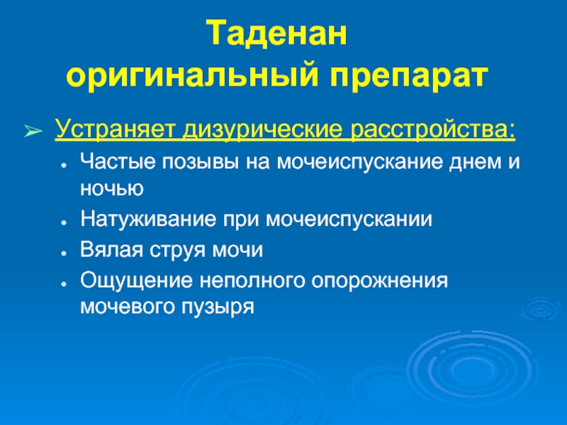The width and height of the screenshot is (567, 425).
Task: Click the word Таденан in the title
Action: point(276,34)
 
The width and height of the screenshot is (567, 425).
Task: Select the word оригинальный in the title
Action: point(191,77)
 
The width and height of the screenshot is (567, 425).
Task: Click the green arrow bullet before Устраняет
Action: point(33,131)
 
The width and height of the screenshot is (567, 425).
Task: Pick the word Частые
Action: point(117,161)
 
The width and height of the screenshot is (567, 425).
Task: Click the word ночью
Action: point(112,189)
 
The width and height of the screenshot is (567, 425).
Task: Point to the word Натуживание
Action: point(148,219)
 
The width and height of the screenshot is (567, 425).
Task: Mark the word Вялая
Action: point(111,250)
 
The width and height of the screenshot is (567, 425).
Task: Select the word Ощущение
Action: point(136,281)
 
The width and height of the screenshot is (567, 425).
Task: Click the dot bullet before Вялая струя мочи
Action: point(64,254)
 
